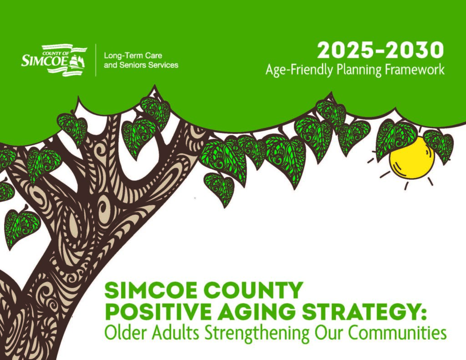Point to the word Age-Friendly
click(x=299, y=71)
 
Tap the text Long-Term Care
click(x=133, y=56)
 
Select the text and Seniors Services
click(x=141, y=65)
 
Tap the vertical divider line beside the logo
click(x=96, y=60)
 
